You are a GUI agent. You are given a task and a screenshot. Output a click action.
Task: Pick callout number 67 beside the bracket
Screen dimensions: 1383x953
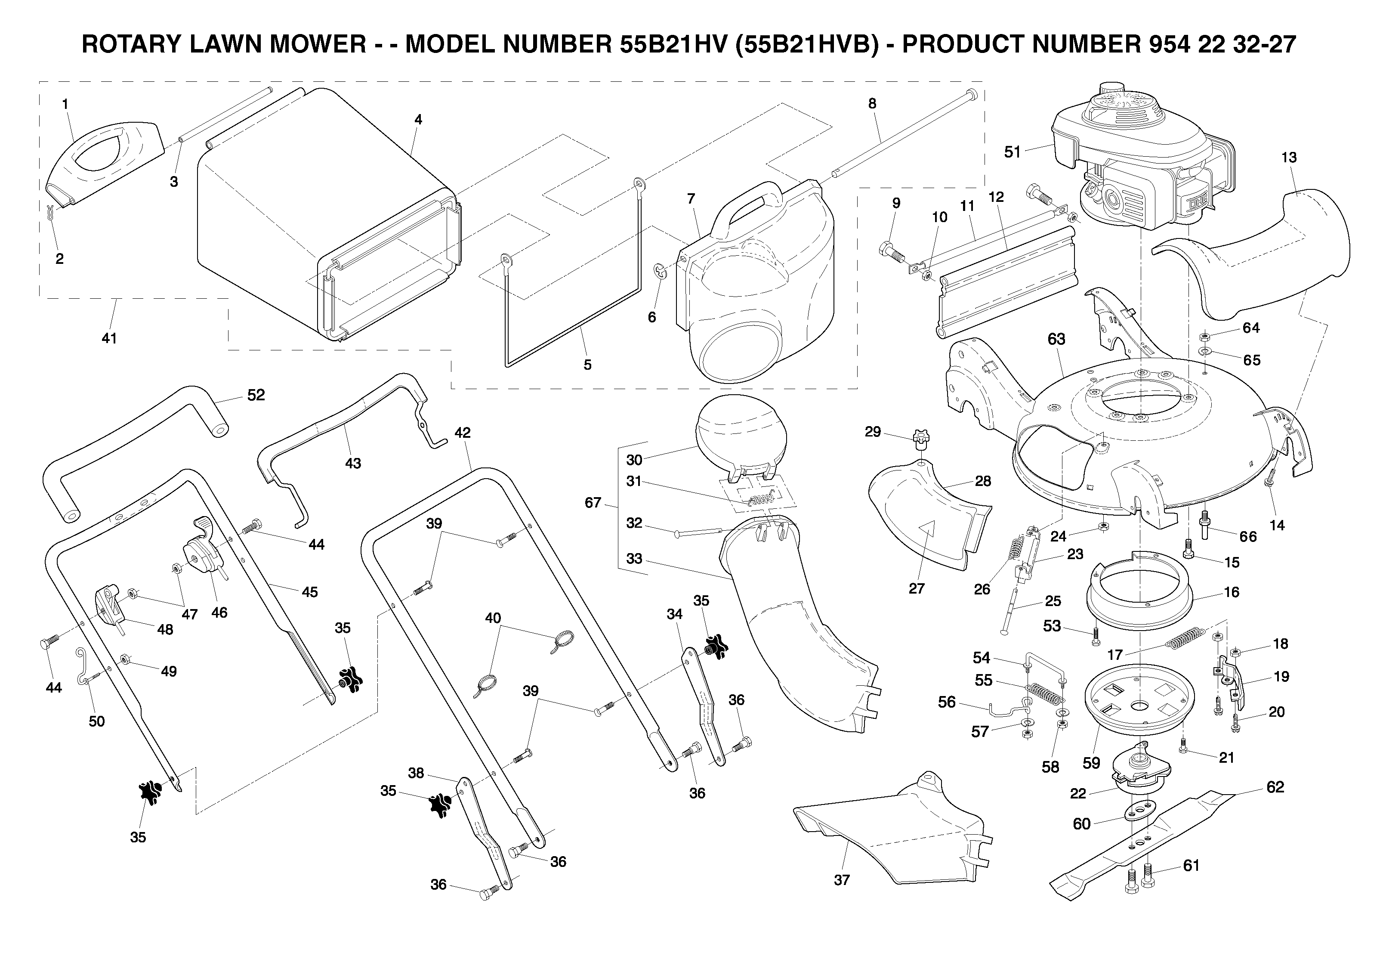coord(593,503)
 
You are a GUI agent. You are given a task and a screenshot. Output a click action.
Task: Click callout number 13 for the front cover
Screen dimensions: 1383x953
coord(1289,157)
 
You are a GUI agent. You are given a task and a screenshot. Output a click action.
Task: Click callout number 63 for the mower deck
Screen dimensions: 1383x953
coord(1056,339)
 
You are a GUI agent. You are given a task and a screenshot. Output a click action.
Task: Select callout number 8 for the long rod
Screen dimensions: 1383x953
coord(872,103)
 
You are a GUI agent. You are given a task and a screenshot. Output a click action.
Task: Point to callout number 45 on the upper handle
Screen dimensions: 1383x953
coord(309,592)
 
